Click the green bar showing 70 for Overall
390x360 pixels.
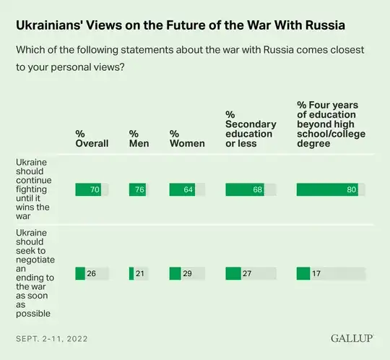coord(89,189)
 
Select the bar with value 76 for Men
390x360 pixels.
coord(138,189)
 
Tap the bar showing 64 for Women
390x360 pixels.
coord(182,189)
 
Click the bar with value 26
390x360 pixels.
coord(80,273)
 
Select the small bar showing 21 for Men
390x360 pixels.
coord(131,273)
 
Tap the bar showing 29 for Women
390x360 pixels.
coord(175,273)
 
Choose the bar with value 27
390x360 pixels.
coord(233,273)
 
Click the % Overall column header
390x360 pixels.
coord(92,138)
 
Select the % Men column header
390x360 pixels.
coord(139,138)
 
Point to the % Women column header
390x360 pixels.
coord(187,138)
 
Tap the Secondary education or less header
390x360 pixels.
coord(251,129)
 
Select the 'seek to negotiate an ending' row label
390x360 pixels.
coord(34,273)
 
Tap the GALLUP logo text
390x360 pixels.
coord(351,338)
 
